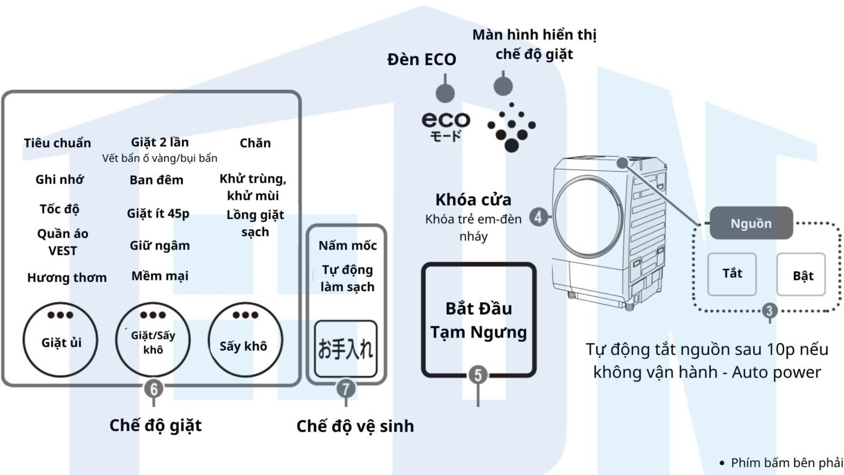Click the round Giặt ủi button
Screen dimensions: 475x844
(x=61, y=339)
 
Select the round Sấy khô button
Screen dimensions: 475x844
(x=243, y=341)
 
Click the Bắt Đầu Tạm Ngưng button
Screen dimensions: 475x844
(x=479, y=320)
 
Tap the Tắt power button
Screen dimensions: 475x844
(x=732, y=274)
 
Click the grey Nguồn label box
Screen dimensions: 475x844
(x=751, y=223)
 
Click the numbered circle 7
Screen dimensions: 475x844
(x=345, y=389)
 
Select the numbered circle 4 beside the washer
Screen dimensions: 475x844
(x=539, y=216)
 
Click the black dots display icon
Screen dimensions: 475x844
(x=511, y=127)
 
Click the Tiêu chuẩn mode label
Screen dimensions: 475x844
(x=57, y=143)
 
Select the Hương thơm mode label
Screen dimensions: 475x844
(x=66, y=277)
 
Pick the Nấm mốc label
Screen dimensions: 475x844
(x=347, y=245)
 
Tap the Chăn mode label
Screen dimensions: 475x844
(x=255, y=143)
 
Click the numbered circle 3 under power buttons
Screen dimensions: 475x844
(x=770, y=311)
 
